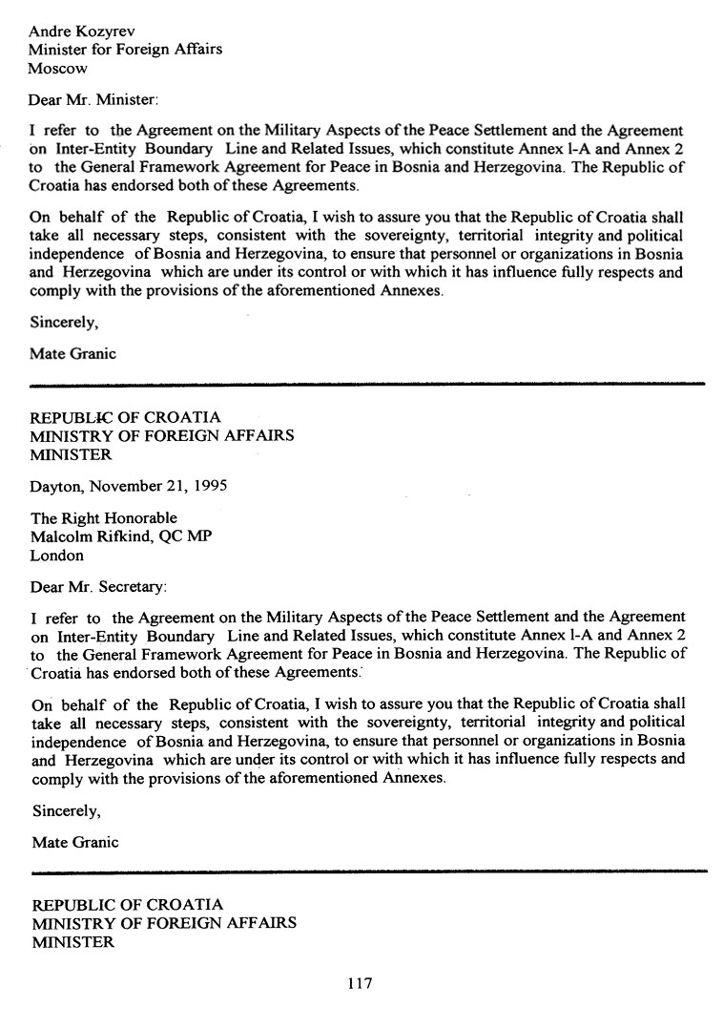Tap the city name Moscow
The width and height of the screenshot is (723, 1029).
[x=57, y=69]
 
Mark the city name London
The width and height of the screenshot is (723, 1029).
[x=57, y=556]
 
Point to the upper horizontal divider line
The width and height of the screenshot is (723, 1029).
[x=367, y=385]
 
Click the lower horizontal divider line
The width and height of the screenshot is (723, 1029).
[x=367, y=871]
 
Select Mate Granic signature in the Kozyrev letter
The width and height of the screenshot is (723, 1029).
[x=73, y=354]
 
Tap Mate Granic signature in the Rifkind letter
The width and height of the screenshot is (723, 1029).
[x=73, y=843]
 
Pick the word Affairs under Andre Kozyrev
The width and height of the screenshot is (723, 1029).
[x=194, y=50]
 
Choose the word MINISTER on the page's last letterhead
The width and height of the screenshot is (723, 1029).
[x=72, y=942]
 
